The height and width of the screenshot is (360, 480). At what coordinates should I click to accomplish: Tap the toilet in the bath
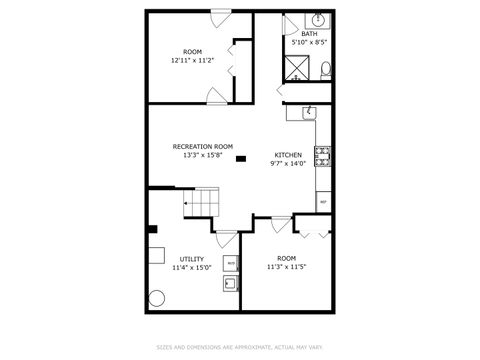point(326,68)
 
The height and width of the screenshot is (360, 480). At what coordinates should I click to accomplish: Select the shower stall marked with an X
point(298,67)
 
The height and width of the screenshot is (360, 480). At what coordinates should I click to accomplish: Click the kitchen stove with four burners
point(323,154)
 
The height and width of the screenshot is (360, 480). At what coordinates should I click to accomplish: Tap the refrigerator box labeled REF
point(323,201)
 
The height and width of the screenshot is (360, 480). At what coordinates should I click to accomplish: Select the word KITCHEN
point(288,155)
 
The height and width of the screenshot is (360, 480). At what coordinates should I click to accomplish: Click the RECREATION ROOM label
point(202,146)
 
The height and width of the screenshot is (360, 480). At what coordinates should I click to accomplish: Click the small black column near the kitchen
point(241,158)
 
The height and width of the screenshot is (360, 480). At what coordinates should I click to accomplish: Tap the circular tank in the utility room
point(157,296)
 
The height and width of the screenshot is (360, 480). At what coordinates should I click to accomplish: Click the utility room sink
point(230,284)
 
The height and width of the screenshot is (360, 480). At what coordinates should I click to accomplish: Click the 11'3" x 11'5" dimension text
point(286,267)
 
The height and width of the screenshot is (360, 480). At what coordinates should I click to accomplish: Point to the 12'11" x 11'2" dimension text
point(192,60)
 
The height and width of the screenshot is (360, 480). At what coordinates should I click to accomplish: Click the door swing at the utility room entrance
point(226,240)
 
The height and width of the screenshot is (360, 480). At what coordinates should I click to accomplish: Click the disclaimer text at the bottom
point(240,347)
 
